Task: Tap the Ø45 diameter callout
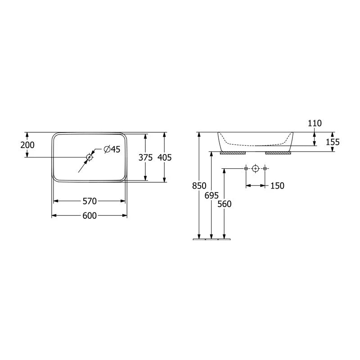tap(112, 150)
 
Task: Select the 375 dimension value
tap(146, 157)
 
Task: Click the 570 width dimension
tap(90, 201)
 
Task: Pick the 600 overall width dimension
tap(90, 216)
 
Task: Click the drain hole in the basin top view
tap(90, 157)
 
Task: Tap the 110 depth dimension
tap(315, 123)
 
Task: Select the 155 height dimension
tap(333, 142)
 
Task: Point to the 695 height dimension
tap(211, 195)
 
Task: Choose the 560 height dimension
tap(224, 204)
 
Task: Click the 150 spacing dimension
tap(277, 185)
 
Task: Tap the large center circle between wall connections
tap(255, 168)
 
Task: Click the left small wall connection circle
tap(246, 168)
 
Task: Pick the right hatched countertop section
tap(279, 153)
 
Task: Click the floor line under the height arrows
tap(211, 240)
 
